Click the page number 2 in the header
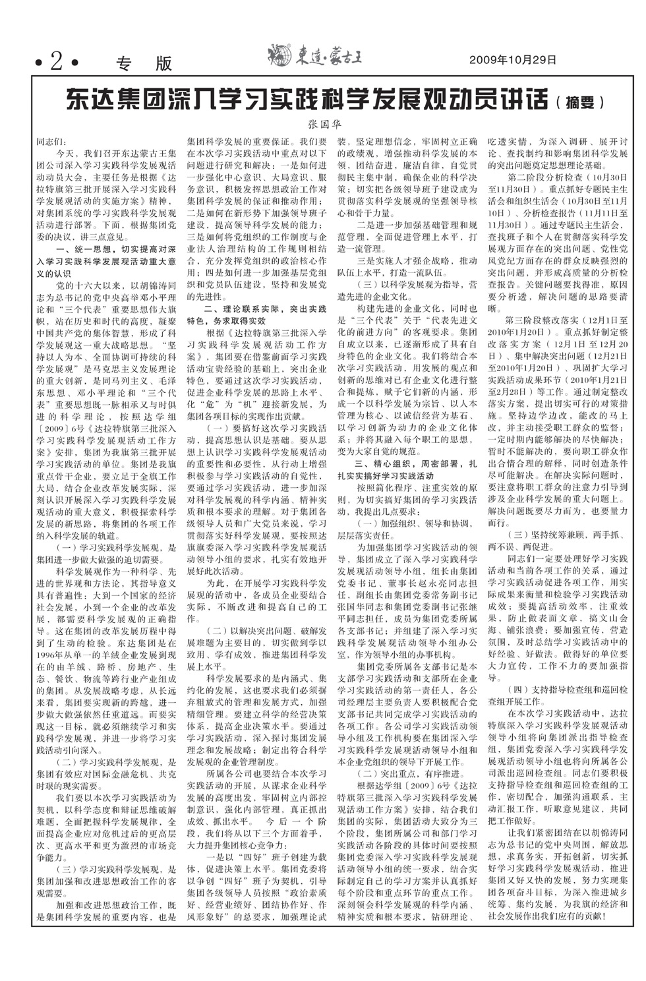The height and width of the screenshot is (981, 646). [x=57, y=62]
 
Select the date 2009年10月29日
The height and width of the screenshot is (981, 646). [x=513, y=60]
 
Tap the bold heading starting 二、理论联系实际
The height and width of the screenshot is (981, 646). [x=264, y=309]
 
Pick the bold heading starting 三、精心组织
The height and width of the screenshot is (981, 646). [x=412, y=464]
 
